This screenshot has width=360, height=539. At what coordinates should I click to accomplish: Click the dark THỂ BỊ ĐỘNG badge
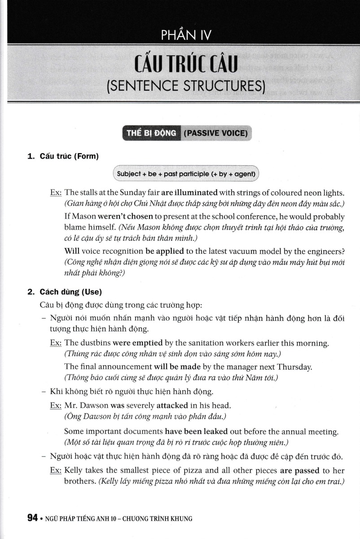click(151, 133)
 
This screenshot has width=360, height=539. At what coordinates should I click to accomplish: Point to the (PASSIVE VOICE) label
click(215, 133)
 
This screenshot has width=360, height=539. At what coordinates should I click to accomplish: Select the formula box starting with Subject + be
click(185, 173)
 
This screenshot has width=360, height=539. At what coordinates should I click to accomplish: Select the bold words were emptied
click(137, 343)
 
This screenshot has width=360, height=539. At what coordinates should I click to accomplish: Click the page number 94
click(32, 518)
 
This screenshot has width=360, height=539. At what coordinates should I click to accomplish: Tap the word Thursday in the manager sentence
click(294, 367)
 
